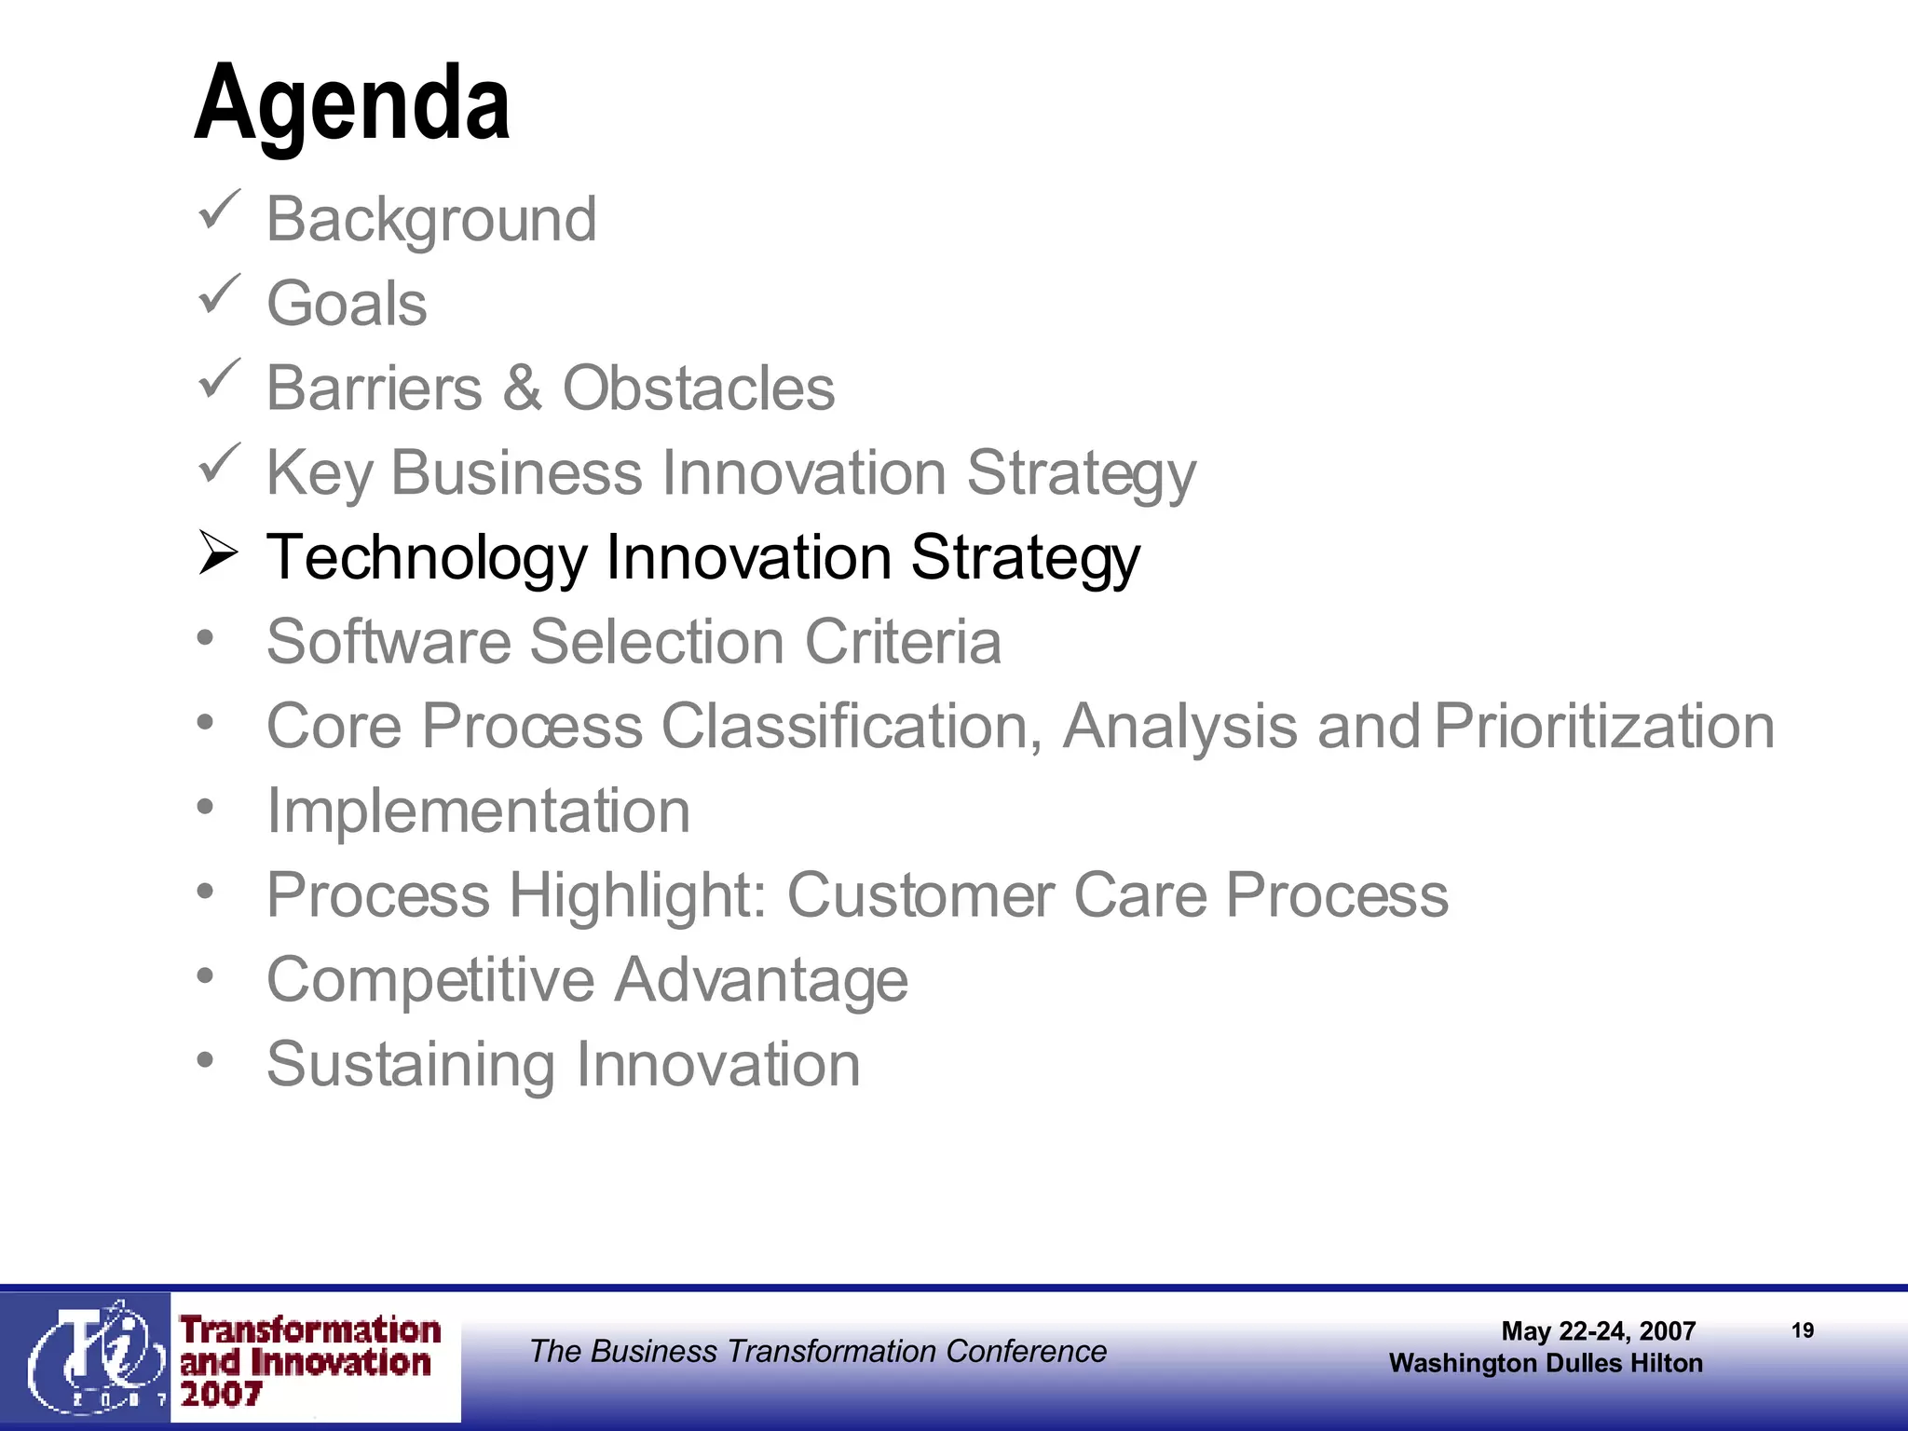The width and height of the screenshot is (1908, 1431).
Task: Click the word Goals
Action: click(x=347, y=304)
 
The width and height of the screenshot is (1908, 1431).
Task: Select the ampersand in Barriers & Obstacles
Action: click(x=522, y=388)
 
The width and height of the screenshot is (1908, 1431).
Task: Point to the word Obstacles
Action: click(x=699, y=388)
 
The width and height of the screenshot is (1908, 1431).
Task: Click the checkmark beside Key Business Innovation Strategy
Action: click(x=220, y=463)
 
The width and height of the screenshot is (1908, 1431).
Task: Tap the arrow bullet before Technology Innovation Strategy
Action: click(x=219, y=553)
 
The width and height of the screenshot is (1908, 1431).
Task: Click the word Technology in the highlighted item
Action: click(x=427, y=557)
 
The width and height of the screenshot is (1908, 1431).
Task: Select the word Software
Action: click(x=388, y=642)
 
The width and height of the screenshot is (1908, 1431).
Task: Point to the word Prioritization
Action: click(x=1603, y=727)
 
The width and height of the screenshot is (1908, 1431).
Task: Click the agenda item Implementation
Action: click(x=478, y=811)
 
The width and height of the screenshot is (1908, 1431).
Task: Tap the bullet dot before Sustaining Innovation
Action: click(x=206, y=1059)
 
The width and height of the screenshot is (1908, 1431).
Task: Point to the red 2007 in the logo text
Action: click(x=222, y=1395)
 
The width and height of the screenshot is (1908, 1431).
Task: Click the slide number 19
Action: click(x=1803, y=1330)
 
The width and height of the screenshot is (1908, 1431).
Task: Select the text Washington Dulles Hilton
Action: click(x=1546, y=1363)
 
